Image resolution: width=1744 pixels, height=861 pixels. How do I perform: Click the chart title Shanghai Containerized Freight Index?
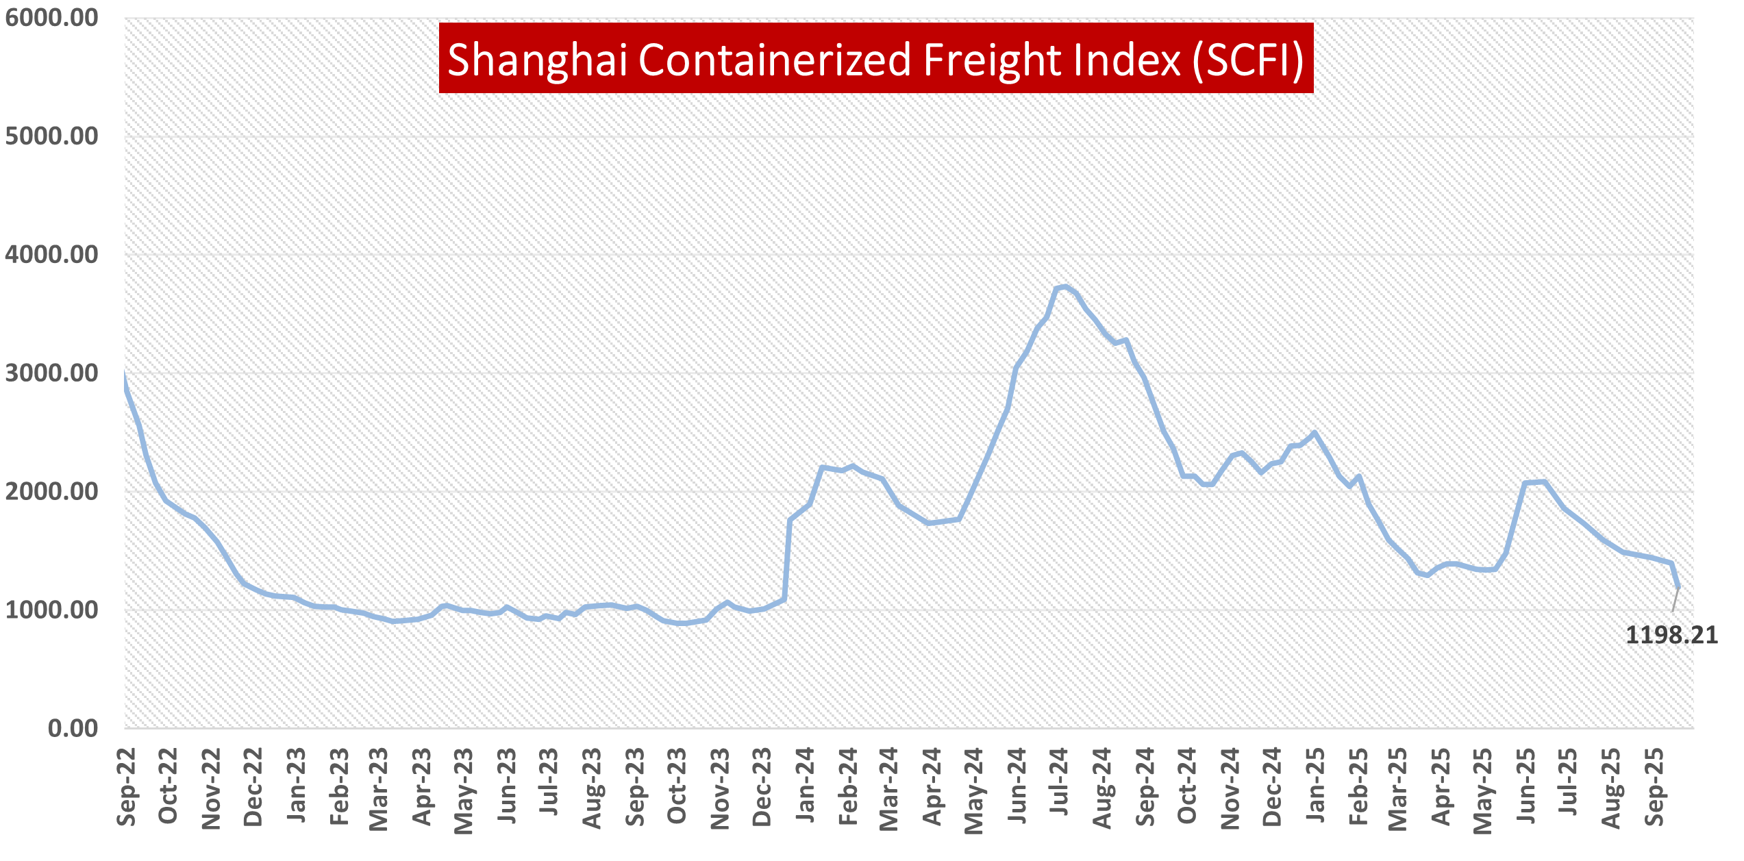coord(875,59)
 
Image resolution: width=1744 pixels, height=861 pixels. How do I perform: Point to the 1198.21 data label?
coord(1671,635)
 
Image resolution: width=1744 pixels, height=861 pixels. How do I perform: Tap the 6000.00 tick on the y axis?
coord(51,18)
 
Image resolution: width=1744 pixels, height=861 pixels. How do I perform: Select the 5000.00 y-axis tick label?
coord(51,136)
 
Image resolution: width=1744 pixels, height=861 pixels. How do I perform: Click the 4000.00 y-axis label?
coord(51,254)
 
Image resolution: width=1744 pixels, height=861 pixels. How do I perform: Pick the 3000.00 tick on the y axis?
coord(51,373)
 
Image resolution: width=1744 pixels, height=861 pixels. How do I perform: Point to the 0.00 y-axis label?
coord(72,727)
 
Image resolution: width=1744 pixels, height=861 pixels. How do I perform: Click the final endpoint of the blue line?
coord(1678,587)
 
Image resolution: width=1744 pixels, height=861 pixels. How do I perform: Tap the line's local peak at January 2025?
coord(1314,433)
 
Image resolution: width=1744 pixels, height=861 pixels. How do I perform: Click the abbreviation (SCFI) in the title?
coord(1248,59)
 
